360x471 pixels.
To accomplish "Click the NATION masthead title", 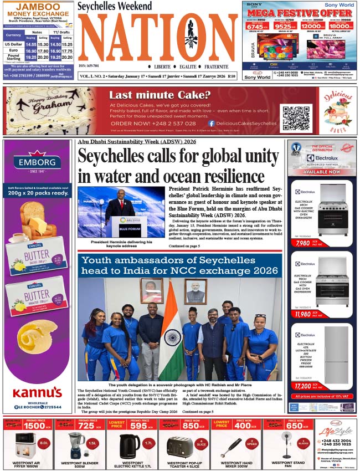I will pyautogui.click(x=158, y=38).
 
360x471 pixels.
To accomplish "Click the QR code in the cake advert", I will pyautogui.click(x=295, y=118).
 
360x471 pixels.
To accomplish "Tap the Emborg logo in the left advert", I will pyautogui.click(x=37, y=163).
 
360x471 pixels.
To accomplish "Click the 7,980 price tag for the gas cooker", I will pyautogui.click(x=303, y=243).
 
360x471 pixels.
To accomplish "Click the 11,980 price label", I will pyautogui.click(x=303, y=314).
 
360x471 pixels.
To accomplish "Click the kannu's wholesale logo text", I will pyautogui.click(x=37, y=392).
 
